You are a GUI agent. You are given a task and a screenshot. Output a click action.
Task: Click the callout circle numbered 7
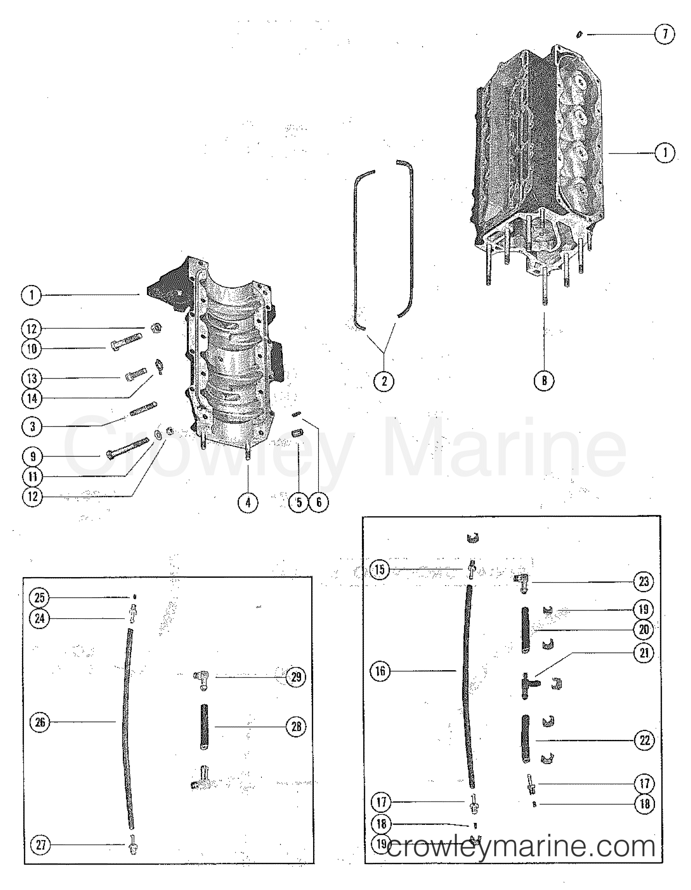pyautogui.click(x=664, y=34)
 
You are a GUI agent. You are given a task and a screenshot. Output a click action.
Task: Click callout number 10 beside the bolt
pyautogui.click(x=32, y=349)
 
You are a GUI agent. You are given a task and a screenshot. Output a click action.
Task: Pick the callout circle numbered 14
pyautogui.click(x=32, y=398)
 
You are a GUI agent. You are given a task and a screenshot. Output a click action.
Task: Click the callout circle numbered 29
pyautogui.click(x=296, y=677)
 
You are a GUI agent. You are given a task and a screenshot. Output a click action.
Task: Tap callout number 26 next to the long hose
pyautogui.click(x=40, y=722)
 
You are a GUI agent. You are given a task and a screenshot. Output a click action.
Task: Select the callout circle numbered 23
pyautogui.click(x=644, y=582)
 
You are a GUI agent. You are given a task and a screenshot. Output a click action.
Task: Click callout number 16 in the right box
pyautogui.click(x=380, y=671)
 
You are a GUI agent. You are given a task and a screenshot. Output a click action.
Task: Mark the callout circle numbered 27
pyautogui.click(x=40, y=845)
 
